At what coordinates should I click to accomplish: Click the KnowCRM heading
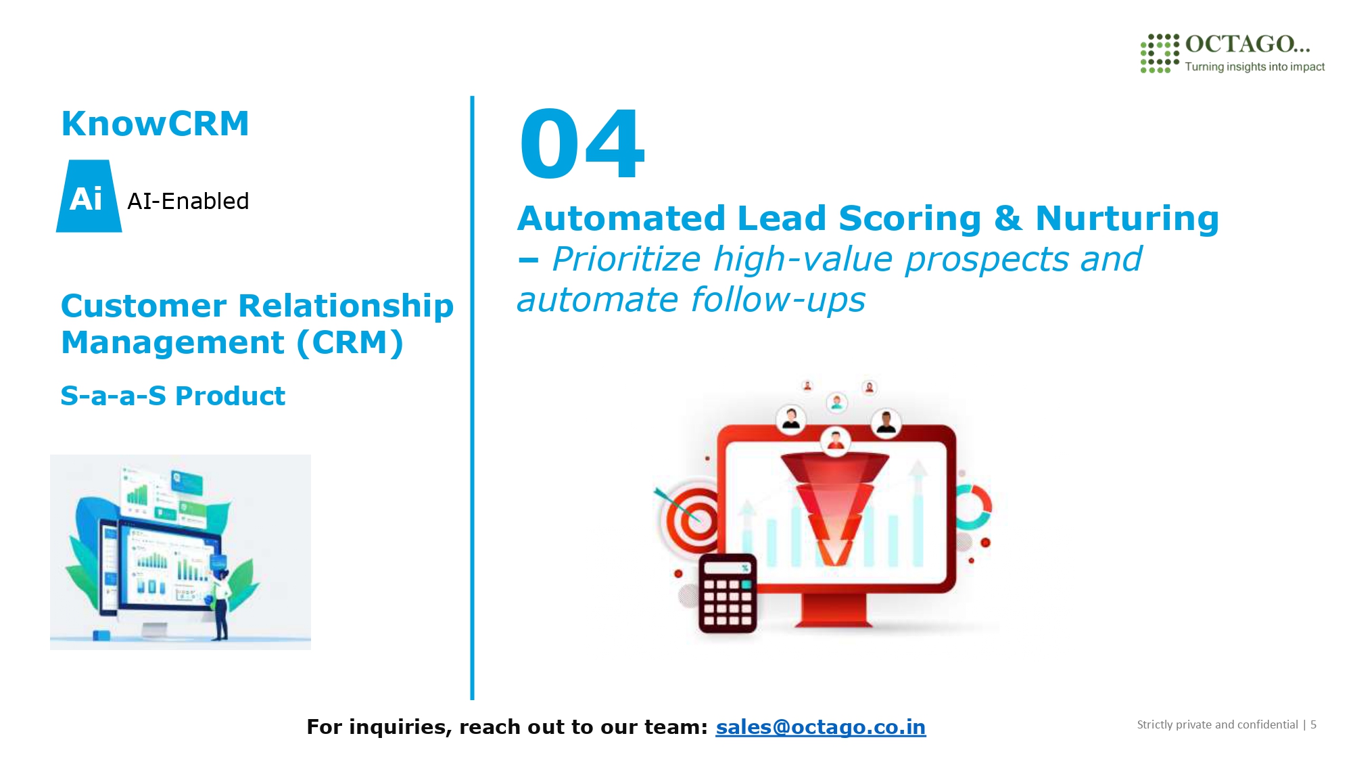coord(156,124)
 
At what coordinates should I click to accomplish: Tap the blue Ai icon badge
coord(89,196)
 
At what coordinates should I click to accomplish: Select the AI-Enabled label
coord(188,201)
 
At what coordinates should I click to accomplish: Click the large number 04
coord(582,144)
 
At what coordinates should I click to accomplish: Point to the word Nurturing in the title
coord(1127,218)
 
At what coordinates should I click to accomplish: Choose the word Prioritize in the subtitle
coord(626,259)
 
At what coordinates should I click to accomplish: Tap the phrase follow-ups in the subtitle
coord(778,300)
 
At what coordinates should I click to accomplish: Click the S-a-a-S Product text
coord(173,396)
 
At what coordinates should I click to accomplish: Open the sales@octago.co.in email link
coord(821,727)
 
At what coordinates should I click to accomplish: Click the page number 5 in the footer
coord(1313,724)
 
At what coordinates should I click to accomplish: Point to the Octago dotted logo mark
coord(1160,53)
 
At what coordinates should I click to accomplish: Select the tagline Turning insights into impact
coord(1254,66)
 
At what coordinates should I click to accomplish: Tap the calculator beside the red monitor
coord(728,593)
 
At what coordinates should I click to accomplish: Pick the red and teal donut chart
coord(974,507)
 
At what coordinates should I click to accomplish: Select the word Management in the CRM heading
coord(172,343)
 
